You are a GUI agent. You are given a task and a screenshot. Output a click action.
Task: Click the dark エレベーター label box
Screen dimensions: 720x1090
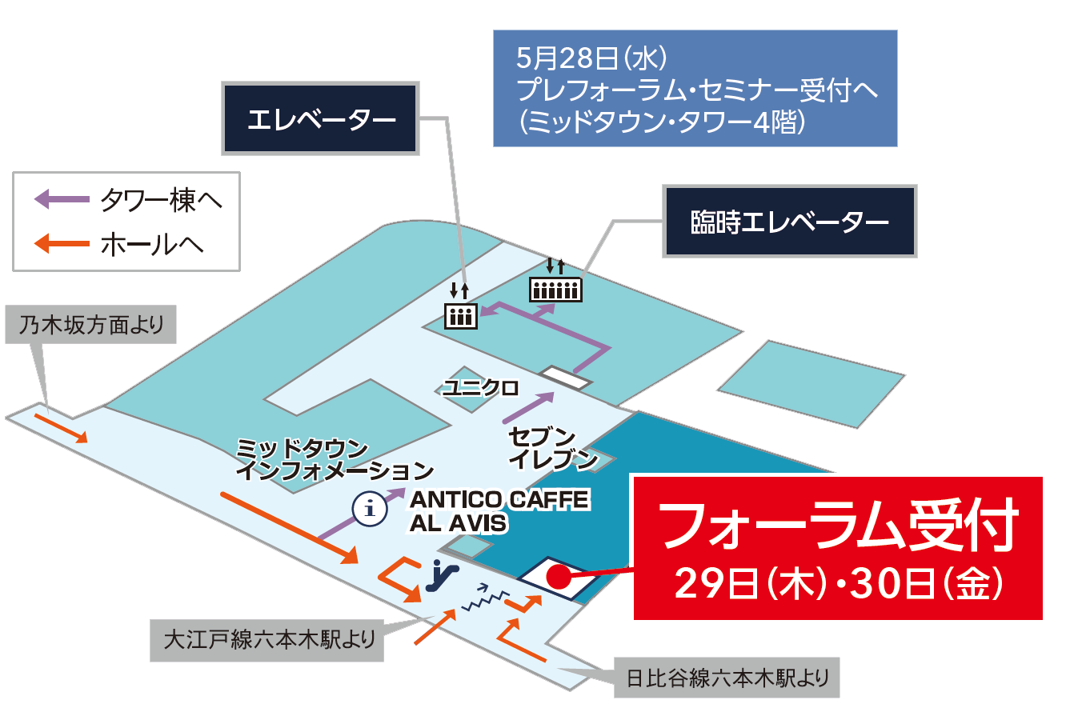[320, 119]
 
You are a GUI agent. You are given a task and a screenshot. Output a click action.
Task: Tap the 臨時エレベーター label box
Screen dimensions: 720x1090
[789, 222]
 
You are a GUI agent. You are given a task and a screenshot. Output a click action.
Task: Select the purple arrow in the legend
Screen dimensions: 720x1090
[62, 198]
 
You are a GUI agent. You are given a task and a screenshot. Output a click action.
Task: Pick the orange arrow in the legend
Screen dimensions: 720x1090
[62, 243]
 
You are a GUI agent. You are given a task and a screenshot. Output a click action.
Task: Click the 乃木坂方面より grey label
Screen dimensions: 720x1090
[90, 325]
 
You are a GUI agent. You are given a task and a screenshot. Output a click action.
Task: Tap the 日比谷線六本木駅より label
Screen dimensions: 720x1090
[727, 678]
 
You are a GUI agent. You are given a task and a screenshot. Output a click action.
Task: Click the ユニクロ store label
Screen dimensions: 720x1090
[480, 388]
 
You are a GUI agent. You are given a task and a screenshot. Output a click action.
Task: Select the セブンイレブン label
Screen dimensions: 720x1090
[552, 448]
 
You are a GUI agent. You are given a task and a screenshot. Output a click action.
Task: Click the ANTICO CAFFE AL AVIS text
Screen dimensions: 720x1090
[498, 511]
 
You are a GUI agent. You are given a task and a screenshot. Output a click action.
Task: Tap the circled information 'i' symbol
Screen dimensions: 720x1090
[370, 508]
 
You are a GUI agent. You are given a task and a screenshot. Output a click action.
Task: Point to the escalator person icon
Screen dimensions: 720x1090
[441, 575]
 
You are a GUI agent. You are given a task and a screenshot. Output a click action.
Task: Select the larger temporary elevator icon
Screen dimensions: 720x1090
[555, 289]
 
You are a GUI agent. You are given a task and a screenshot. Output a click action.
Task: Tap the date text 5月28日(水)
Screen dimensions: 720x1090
[591, 58]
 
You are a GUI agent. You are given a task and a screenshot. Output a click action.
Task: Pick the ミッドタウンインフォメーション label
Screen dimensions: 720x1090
[335, 460]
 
